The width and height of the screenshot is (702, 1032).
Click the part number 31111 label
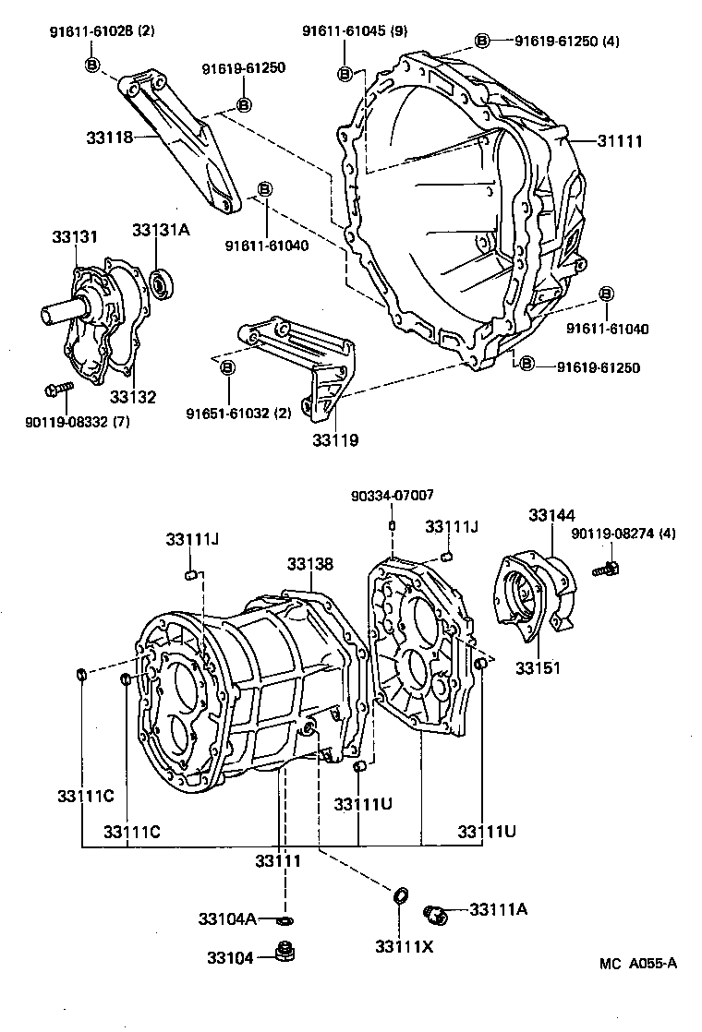tap(619, 141)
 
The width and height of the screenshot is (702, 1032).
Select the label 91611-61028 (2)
tap(102, 32)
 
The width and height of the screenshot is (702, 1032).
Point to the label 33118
tap(109, 137)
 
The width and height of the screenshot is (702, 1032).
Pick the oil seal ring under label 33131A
tap(163, 284)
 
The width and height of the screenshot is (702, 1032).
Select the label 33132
tap(133, 397)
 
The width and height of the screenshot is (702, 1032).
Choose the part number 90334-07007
tap(392, 496)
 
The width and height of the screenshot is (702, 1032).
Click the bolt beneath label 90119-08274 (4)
tap(608, 569)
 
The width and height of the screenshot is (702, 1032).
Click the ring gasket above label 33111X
tap(400, 895)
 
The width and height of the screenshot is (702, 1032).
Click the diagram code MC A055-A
tap(637, 965)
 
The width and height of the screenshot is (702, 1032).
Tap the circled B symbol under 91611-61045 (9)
tap(345, 74)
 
